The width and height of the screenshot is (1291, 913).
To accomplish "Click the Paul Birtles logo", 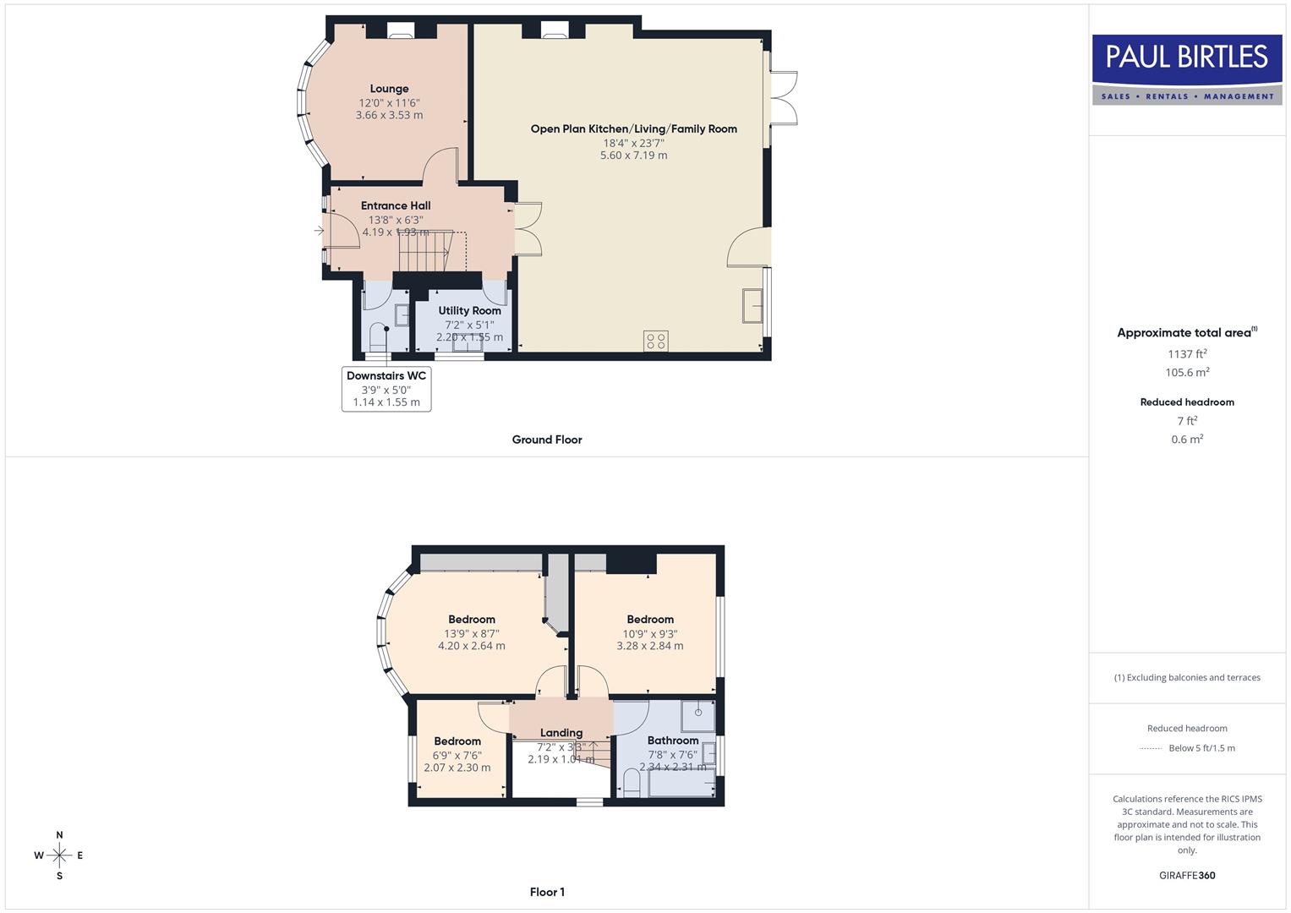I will (x=1187, y=69).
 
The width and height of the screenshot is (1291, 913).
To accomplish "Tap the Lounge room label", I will (x=389, y=89).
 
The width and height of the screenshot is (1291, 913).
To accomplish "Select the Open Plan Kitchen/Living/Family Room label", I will (x=633, y=129).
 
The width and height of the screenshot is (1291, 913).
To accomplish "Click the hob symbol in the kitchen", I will (x=656, y=341).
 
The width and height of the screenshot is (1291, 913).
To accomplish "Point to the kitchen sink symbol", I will (x=751, y=305).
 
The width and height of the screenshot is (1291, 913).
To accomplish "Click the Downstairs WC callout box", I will (x=386, y=389).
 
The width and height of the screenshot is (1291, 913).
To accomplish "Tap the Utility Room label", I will (x=469, y=311).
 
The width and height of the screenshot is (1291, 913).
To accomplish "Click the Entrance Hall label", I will (x=396, y=205).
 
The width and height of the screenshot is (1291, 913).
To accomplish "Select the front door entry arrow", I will (x=320, y=230).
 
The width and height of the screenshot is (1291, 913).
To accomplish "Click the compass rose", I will (x=59, y=856).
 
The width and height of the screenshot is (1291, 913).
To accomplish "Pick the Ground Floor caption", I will (x=547, y=440).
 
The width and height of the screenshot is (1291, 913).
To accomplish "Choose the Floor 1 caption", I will (x=547, y=892).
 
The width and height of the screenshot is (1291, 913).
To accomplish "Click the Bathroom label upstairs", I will (x=673, y=741).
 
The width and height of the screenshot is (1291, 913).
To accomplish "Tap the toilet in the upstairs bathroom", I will (x=631, y=782).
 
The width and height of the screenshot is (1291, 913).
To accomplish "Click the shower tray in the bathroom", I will (x=698, y=715).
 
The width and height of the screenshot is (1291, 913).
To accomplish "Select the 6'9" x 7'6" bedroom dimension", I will (x=457, y=756).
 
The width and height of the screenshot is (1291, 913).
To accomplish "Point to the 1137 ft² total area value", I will (x=1187, y=354).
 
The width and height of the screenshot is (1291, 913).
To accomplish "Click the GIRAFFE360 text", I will (x=1187, y=875).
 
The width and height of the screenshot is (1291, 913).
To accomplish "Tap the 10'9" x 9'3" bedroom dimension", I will (x=650, y=634).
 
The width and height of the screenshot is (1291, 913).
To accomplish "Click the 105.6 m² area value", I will (x=1187, y=373).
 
